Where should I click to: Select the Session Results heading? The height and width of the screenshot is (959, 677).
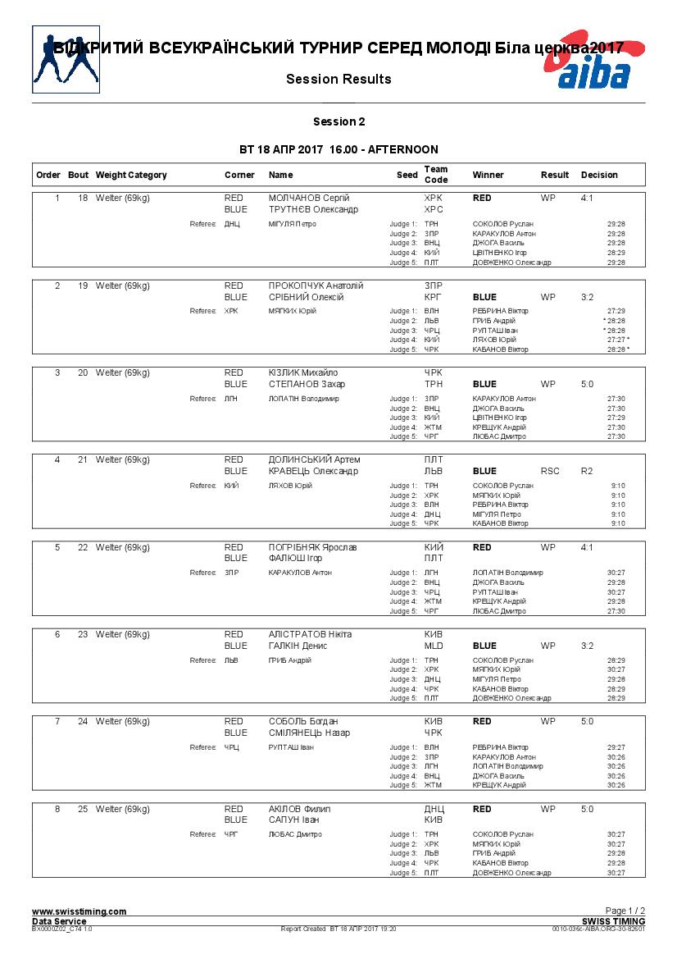[x=338, y=80]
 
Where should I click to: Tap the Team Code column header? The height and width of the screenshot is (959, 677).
[x=436, y=175]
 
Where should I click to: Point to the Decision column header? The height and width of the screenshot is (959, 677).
[x=599, y=175]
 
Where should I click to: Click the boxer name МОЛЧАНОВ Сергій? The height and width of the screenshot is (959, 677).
[x=309, y=199]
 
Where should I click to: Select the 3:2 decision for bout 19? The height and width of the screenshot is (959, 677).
[x=587, y=297]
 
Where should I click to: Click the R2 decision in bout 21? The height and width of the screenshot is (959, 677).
[x=587, y=472]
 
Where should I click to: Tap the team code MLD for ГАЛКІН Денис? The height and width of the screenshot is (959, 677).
[x=434, y=646]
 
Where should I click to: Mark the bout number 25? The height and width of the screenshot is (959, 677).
[x=83, y=810]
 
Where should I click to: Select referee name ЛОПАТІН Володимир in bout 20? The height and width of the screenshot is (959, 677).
[x=303, y=399]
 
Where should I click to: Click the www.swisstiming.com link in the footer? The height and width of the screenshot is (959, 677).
[x=79, y=911]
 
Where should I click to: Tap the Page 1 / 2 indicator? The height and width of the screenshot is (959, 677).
[x=625, y=911]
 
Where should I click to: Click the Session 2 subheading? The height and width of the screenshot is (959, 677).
[x=338, y=122]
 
